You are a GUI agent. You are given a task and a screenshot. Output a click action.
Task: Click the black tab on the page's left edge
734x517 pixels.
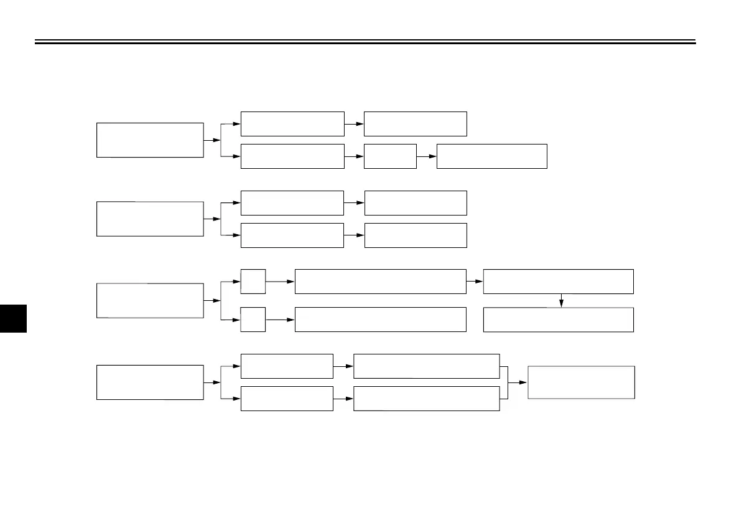(x=13, y=318)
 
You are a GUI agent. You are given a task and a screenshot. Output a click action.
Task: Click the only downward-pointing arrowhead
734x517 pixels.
(x=561, y=303)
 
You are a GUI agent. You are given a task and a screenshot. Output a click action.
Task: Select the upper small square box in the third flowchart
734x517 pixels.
(x=253, y=282)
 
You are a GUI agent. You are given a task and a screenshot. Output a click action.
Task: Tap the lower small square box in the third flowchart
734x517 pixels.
(x=253, y=319)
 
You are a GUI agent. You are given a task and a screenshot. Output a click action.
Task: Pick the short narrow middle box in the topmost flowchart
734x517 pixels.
(x=390, y=156)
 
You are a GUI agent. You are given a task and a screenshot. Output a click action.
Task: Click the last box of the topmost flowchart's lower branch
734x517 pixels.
(x=491, y=156)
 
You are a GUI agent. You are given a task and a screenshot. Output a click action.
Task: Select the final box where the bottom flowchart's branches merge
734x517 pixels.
(x=581, y=382)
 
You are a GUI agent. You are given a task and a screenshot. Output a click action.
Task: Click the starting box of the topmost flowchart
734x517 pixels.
(x=150, y=140)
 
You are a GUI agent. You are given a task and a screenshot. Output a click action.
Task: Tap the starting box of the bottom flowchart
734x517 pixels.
(x=150, y=382)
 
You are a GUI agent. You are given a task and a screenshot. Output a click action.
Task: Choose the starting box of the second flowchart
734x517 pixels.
(x=150, y=219)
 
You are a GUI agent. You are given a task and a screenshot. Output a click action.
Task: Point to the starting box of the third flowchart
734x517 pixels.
(x=150, y=300)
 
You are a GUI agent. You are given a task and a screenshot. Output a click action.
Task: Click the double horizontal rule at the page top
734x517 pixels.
(x=365, y=42)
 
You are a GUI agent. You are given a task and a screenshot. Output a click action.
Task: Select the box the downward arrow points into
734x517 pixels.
(x=558, y=320)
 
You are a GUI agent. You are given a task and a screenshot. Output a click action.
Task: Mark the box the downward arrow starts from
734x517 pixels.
(x=558, y=282)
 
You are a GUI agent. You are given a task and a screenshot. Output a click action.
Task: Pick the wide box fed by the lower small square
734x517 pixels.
(x=380, y=320)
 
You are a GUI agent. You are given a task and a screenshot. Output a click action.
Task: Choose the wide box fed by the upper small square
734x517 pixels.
(x=380, y=282)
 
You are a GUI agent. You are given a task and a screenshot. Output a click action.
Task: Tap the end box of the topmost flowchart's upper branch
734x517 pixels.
(x=415, y=124)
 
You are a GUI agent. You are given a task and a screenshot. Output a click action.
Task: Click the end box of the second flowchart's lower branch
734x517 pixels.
(x=415, y=235)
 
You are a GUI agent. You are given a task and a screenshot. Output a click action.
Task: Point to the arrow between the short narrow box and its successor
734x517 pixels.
(x=427, y=156)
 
